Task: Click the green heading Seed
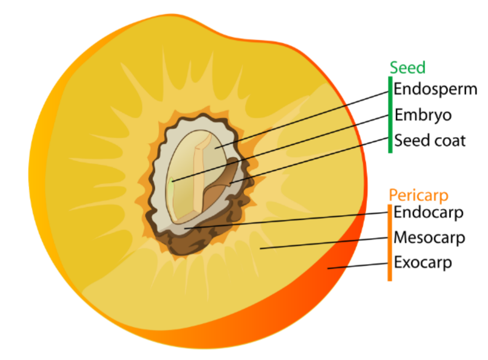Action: (408, 68)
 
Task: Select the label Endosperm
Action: (436, 89)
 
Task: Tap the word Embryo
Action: (423, 115)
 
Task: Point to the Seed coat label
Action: (429, 140)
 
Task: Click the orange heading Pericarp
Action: (418, 195)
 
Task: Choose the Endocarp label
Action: (428, 212)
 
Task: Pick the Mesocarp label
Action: (429, 238)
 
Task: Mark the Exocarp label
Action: (423, 263)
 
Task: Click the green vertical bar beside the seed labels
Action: (390, 114)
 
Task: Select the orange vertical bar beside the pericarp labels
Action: (390, 242)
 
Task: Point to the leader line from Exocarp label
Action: (359, 266)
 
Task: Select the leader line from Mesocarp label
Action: (326, 243)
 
